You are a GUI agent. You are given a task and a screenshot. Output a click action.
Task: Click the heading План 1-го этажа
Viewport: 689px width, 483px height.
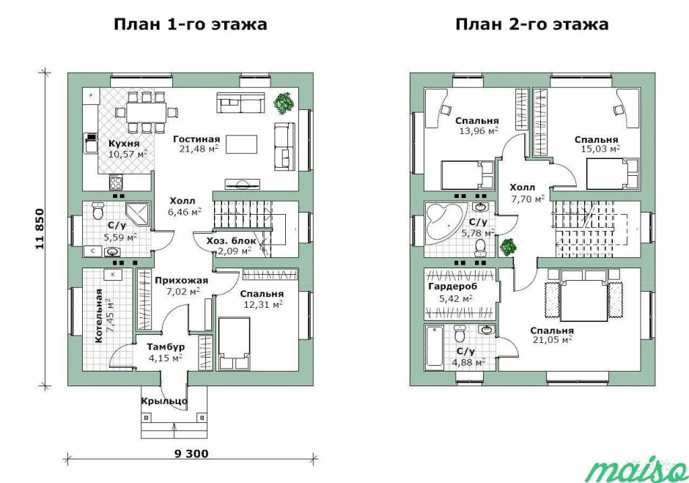pos(191,24)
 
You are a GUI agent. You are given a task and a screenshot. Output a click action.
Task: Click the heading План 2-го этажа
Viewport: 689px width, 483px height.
pos(531,24)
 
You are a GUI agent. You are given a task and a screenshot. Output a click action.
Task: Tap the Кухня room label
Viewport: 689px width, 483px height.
pos(124,144)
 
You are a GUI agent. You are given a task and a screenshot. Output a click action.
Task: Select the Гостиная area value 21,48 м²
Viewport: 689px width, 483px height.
pos(199,149)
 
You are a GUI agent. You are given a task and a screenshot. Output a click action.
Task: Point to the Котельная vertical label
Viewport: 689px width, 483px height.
pos(100,316)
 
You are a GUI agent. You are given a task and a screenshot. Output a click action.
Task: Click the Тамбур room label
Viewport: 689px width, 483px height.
pos(165,347)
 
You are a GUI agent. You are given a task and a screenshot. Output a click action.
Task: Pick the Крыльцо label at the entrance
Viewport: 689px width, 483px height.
pos(164,401)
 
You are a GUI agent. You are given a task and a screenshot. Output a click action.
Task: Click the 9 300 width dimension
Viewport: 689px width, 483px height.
pos(191,454)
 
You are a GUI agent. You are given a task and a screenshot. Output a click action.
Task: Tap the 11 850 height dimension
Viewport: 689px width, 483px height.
pos(40,229)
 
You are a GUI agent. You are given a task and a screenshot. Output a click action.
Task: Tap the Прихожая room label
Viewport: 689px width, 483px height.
pos(181,281)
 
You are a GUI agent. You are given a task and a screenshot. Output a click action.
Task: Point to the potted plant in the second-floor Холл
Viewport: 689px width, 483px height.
pos(509,248)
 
